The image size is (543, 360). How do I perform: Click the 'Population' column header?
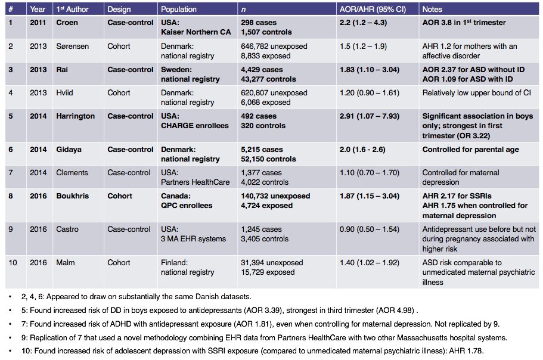click(x=179, y=10)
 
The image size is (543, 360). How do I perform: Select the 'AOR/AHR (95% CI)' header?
click(x=373, y=10)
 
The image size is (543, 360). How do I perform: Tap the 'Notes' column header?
click(x=432, y=10)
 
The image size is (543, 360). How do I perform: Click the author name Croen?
click(x=67, y=23)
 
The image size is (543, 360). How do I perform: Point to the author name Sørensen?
click(x=72, y=46)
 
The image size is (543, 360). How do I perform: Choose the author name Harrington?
click(x=76, y=116)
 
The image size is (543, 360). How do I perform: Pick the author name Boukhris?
click(x=73, y=196)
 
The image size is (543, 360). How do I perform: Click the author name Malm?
click(x=66, y=262)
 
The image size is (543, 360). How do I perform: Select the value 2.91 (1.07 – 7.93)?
click(x=370, y=116)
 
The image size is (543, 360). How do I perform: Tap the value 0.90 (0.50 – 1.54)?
click(x=370, y=229)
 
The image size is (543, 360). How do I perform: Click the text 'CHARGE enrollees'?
click(x=195, y=126)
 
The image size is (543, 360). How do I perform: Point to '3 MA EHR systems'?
click(x=193, y=239)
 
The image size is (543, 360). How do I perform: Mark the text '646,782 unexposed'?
click(x=274, y=46)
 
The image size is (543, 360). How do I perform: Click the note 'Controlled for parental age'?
click(x=471, y=150)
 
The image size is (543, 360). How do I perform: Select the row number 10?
click(x=13, y=262)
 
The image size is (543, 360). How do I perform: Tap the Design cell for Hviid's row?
click(x=119, y=93)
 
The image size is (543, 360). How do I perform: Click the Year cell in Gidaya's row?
click(x=38, y=150)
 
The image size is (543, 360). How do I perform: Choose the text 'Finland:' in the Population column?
click(x=174, y=262)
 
